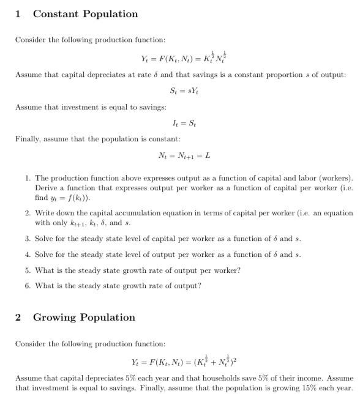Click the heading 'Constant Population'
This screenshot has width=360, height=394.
[85, 14]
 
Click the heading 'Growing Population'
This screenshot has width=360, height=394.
[84, 317]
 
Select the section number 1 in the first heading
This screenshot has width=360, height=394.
[18, 14]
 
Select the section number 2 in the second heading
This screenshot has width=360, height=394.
[18, 317]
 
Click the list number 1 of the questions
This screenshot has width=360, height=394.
[28, 178]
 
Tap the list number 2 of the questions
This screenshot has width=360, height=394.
[28, 214]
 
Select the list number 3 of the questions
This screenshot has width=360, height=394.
[28, 239]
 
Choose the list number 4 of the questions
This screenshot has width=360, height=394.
[28, 255]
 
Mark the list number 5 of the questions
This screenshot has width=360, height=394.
[28, 270]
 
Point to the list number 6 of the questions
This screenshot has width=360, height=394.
[28, 286]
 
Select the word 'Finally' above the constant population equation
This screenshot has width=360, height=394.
[28, 139]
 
